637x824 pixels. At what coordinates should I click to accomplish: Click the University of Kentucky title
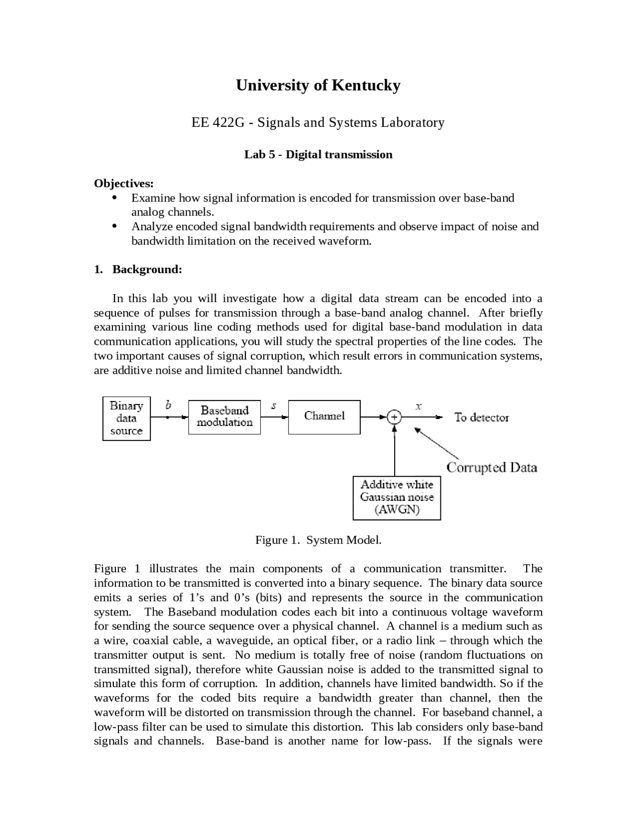click(318, 85)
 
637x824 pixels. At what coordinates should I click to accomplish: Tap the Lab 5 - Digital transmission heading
click(318, 155)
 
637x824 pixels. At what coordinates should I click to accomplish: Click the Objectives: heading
click(124, 183)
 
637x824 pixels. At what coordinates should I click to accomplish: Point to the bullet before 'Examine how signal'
click(114, 198)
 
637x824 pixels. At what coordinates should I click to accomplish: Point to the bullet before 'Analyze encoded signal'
click(114, 226)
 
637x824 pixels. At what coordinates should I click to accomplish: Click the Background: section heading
click(147, 270)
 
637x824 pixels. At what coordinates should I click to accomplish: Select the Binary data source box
click(126, 418)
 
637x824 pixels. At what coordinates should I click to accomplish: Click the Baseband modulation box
click(224, 417)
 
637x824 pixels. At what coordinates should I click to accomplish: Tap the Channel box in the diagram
click(324, 417)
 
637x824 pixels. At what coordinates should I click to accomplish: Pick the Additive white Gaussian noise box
click(397, 498)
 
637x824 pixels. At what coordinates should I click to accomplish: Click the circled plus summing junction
click(394, 417)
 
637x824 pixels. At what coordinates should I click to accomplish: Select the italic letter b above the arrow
click(168, 406)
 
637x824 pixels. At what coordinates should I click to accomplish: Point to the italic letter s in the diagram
click(274, 406)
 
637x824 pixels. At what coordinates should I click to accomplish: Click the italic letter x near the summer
click(419, 406)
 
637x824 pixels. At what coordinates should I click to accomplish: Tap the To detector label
click(481, 418)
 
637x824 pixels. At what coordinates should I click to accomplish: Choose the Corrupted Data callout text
click(492, 468)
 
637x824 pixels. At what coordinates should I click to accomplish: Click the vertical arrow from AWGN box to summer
click(395, 453)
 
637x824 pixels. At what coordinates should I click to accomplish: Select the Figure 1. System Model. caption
click(318, 540)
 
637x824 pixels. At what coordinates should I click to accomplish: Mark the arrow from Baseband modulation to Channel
click(274, 417)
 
